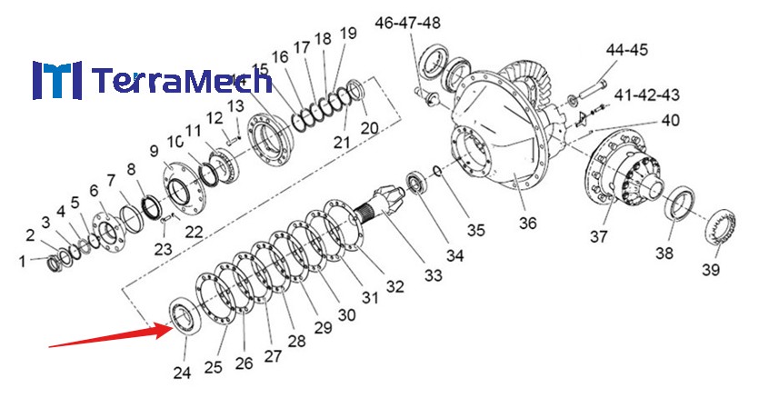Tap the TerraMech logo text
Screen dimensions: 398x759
(182, 81)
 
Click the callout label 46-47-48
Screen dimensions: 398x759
(407, 22)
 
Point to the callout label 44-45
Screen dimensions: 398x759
(626, 50)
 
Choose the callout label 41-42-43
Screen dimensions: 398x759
(647, 95)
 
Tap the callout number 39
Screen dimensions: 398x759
(710, 270)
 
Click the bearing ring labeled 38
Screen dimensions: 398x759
(677, 203)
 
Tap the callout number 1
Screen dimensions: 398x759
(23, 263)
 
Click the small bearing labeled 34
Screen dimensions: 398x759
(419, 182)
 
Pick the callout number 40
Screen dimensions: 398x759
(670, 120)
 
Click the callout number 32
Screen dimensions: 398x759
(394, 287)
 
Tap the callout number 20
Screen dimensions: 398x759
(368, 128)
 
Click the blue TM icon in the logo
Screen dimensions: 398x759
(56, 80)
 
